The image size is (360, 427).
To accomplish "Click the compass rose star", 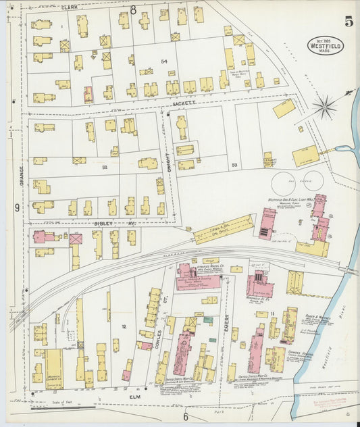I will (325, 105).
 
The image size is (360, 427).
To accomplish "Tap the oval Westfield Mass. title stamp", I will (326, 46).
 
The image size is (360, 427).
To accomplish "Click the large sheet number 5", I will (348, 21).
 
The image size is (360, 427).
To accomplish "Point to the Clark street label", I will (69, 7).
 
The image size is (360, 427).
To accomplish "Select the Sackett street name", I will (183, 103).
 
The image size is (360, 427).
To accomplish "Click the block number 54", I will (163, 61).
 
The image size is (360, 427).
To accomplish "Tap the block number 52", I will (104, 166).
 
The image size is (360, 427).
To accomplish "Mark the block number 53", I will (234, 165).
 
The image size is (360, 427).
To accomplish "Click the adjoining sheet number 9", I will (17, 208).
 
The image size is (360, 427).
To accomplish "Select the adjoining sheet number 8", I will (134, 10).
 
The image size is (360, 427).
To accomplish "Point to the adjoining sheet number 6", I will (185, 417).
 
